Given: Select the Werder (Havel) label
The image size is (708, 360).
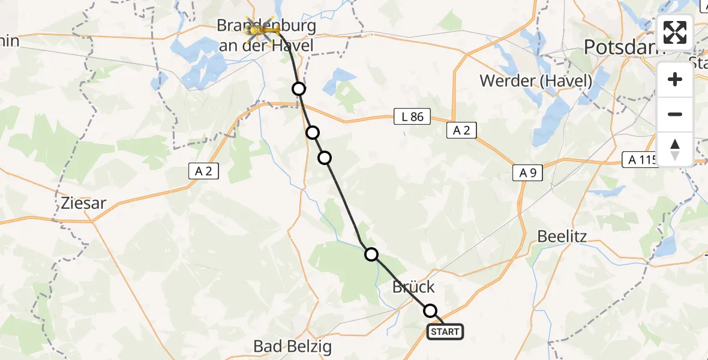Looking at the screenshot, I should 536,81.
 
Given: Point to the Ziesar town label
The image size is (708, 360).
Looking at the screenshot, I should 83,203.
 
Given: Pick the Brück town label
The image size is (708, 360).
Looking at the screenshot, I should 413,287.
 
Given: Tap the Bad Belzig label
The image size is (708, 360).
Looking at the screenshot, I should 292,346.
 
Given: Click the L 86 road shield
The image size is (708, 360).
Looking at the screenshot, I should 412,117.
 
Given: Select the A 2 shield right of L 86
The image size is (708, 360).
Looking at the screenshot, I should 461,130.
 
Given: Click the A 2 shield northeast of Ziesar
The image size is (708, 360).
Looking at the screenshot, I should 203,171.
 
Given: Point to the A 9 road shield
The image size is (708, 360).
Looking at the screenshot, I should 527,173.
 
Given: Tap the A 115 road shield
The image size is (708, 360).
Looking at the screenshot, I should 640,160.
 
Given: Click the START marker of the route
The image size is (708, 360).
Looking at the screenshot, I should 445,332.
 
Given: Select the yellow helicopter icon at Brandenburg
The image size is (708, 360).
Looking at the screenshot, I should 259,28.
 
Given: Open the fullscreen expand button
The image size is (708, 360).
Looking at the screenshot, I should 675,32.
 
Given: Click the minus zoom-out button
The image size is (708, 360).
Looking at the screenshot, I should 675,114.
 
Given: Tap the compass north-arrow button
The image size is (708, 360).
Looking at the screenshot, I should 675,149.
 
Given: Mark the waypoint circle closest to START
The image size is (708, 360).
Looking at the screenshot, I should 430,311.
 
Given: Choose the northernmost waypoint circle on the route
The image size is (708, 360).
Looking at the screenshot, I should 299,89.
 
